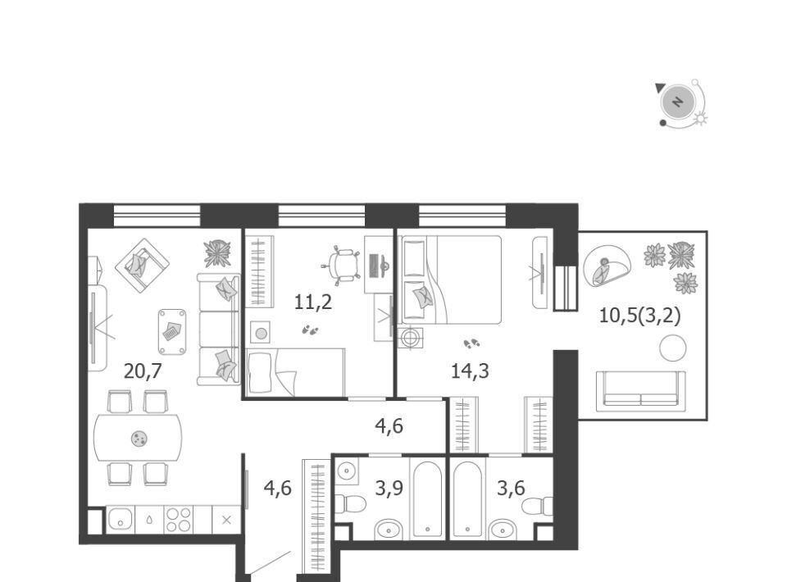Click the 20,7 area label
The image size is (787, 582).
[x=143, y=371]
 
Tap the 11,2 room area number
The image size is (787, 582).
[x=312, y=302]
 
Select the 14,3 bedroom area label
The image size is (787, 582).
[x=470, y=371]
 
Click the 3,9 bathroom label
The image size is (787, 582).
[x=389, y=488]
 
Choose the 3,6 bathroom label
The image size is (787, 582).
[x=511, y=488]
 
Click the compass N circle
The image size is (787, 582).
[x=678, y=102]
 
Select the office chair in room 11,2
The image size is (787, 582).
[x=341, y=264]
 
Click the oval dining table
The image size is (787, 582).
[x=138, y=439]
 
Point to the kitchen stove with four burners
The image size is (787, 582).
[x=179, y=520]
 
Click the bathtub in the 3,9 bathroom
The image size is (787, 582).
[x=427, y=499]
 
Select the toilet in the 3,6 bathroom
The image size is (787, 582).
[x=538, y=506]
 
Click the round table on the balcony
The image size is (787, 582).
[x=672, y=348]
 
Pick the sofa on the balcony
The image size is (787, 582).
[x=640, y=389]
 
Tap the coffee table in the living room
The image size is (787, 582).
[x=172, y=332]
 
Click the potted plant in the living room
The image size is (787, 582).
[x=217, y=254]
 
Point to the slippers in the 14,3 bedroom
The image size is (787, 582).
[x=471, y=343]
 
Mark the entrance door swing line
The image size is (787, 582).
[x=270, y=563]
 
